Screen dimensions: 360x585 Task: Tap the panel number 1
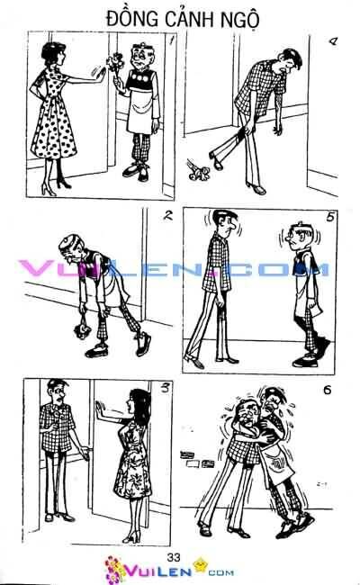point(171,40)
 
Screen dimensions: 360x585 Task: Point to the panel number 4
point(332,40)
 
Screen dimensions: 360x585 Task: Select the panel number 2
point(168,215)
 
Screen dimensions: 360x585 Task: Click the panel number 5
point(330,216)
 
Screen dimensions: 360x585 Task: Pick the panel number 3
point(165,389)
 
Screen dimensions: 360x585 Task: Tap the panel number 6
point(328,390)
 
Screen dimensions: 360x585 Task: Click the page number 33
point(174,557)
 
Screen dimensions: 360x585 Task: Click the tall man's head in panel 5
point(224,222)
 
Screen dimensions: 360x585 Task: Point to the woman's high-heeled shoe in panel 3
point(131,537)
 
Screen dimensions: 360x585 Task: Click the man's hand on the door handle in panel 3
point(85,454)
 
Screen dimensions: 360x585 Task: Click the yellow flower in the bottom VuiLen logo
point(201,563)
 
